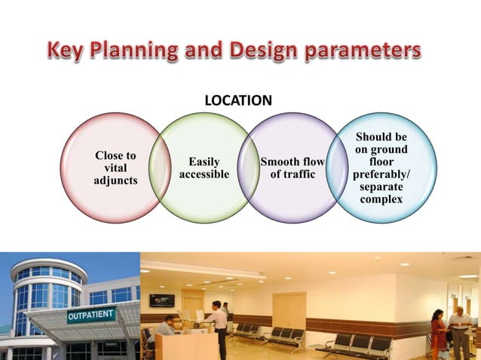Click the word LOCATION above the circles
(239, 99)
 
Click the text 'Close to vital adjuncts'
(115, 167)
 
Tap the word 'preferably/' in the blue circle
(381, 174)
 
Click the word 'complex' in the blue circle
(381, 199)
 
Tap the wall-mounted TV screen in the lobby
(161, 299)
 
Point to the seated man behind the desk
(168, 329)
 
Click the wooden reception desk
(185, 347)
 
